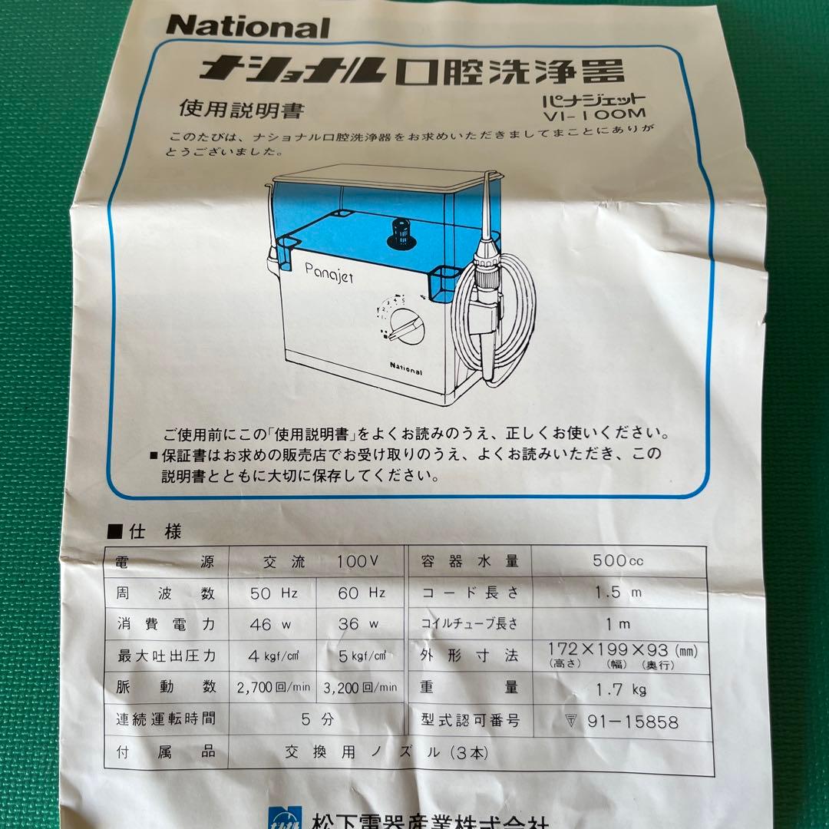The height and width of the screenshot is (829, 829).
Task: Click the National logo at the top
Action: pos(247,27)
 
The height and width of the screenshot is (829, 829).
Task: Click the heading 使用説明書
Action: pos(241,110)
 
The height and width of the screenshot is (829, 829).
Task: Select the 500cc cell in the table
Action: pos(618,561)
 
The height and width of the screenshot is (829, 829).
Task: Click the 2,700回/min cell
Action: pos(273,687)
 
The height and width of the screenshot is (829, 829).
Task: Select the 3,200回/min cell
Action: pos(361,687)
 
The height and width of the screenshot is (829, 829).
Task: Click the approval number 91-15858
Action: pos(630,722)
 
